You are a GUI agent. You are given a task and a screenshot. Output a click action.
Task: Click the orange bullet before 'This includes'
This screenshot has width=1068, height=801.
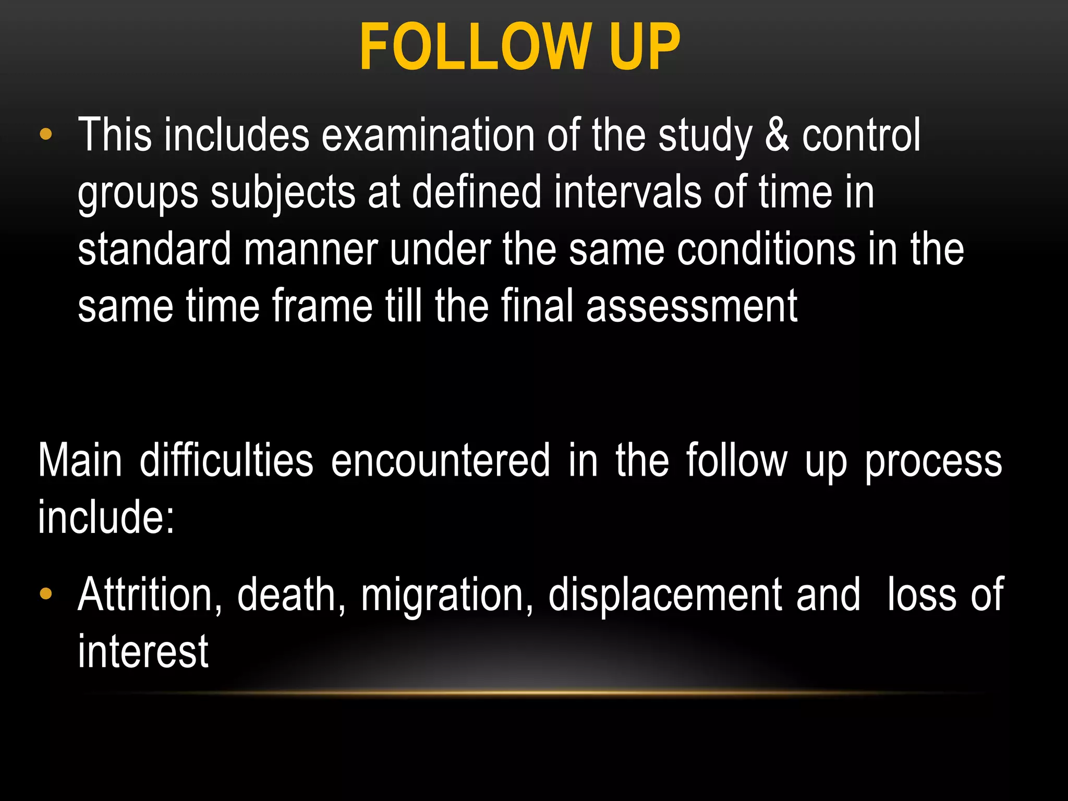pos(46,135)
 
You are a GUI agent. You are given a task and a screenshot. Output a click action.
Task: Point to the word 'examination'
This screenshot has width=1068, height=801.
pos(428,136)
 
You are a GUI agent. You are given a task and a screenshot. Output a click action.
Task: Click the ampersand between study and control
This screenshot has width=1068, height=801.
pos(777,136)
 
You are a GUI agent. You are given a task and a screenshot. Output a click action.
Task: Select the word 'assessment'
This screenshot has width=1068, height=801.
pos(691,306)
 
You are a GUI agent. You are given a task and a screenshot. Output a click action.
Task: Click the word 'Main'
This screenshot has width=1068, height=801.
pos(80,460)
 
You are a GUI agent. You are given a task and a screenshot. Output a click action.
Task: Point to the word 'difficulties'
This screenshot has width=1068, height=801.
pos(226,460)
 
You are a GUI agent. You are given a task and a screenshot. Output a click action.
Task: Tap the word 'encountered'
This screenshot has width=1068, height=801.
pos(441,460)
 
